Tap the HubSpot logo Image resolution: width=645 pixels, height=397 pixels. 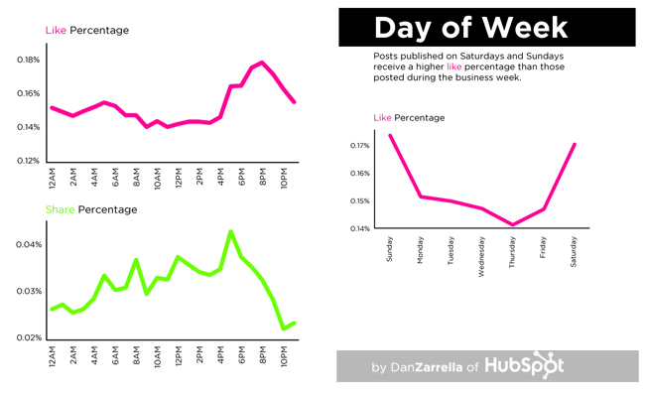point(525,365)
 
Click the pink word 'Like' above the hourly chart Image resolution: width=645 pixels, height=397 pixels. point(55,31)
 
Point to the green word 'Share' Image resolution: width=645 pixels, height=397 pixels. point(61,209)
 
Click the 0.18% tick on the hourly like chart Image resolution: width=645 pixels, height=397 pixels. point(28,60)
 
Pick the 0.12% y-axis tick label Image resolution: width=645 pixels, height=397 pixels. point(28,161)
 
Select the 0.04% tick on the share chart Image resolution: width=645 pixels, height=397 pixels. point(28,244)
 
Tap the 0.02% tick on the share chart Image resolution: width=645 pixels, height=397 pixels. point(28,337)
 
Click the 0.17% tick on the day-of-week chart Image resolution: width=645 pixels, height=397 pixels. point(359,146)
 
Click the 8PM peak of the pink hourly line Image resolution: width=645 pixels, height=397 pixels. point(262,63)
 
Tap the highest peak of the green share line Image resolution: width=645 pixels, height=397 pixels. point(230,231)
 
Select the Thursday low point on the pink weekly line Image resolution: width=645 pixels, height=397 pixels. point(513,224)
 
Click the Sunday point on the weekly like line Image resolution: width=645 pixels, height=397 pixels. point(390,135)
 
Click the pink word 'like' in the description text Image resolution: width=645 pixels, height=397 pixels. point(454,66)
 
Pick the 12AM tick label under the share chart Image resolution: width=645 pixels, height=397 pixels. point(52,356)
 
